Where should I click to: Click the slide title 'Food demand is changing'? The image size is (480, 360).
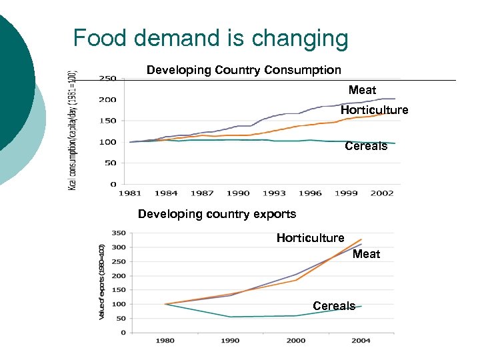(x=211, y=38)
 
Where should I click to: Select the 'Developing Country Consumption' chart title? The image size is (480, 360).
(x=243, y=70)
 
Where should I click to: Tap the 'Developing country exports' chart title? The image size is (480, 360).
(x=217, y=214)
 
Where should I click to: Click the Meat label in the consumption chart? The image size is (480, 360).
(x=362, y=90)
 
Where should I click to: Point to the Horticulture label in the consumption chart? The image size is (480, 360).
(x=374, y=110)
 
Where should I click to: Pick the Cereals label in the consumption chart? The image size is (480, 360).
(x=366, y=146)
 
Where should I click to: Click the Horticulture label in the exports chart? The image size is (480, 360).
(x=310, y=238)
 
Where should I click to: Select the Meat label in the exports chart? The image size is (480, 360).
(x=366, y=254)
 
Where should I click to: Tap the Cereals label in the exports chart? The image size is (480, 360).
(x=334, y=306)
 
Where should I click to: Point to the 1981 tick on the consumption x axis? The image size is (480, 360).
(x=130, y=193)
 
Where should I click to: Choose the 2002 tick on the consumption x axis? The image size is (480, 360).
(x=382, y=193)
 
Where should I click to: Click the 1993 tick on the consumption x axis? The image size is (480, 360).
(x=274, y=193)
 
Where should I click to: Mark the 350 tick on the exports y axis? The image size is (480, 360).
(x=117, y=233)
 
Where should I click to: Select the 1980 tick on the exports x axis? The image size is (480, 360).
(x=165, y=341)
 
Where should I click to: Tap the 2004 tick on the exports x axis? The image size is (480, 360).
(x=361, y=341)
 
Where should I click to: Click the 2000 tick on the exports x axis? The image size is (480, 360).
(x=296, y=341)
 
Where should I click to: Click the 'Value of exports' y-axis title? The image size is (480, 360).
(x=102, y=281)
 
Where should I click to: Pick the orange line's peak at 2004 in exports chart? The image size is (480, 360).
(x=361, y=239)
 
